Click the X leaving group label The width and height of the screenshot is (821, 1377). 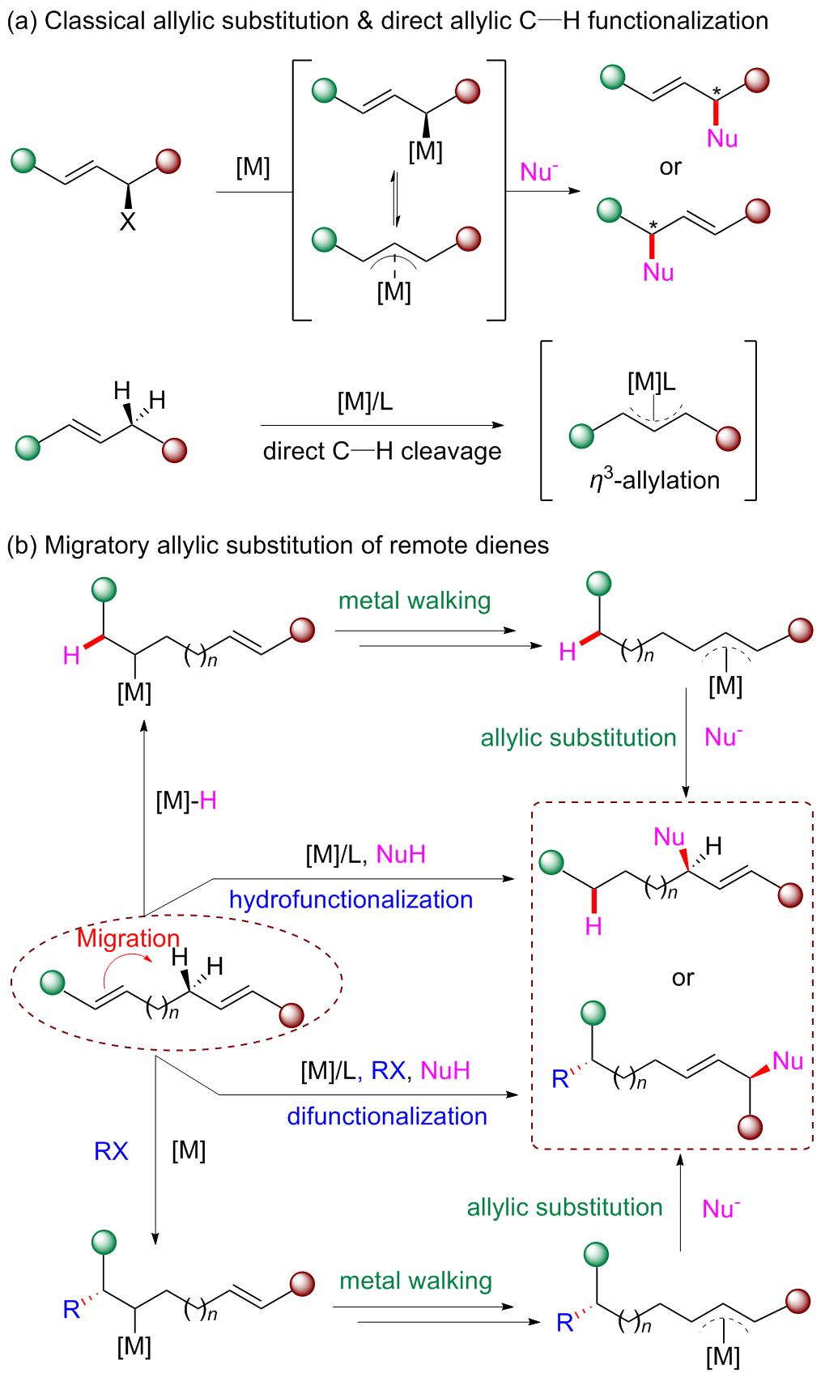127,221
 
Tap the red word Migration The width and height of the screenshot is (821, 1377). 128,938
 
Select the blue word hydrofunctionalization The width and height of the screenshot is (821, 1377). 351,899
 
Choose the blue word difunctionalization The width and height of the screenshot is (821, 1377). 387,1116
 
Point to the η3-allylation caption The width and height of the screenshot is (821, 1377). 654,480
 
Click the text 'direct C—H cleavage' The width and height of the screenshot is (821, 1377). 382,451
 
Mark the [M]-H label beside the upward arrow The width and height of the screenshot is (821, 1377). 186,801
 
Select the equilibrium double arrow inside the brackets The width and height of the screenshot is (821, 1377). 395,198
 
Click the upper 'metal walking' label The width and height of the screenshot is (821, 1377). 415,601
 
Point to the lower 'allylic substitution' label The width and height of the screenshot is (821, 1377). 564,1207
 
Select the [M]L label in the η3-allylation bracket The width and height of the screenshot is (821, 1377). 652,381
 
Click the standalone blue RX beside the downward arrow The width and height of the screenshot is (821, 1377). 111,1151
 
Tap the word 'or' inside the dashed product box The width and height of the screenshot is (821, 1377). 683,978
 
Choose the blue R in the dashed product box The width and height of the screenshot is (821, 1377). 560,1079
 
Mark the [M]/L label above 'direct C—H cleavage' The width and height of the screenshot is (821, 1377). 365,402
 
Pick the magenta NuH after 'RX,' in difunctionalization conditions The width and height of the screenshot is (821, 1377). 445,1070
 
